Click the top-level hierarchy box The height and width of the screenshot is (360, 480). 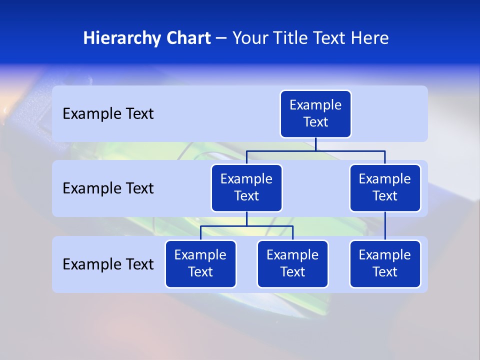pos(315,114)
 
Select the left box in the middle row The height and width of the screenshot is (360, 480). pos(246,188)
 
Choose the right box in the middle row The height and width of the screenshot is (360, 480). pos(385,188)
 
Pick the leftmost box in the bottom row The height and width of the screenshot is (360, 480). pos(200,264)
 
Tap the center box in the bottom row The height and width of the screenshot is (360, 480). pos(292,264)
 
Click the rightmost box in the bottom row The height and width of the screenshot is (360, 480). pos(385,264)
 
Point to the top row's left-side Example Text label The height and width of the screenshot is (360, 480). pos(108,114)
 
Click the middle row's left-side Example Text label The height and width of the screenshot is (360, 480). pos(108,188)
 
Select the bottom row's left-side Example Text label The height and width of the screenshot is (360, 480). pos(108,264)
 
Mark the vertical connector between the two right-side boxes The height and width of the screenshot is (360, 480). pos(385,226)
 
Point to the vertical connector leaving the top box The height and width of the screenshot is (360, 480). pos(315,144)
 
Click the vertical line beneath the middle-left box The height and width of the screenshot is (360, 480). pos(246,219)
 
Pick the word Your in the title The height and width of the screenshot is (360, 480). pos(250,38)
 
